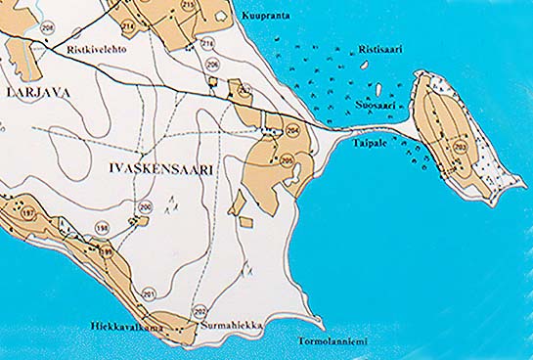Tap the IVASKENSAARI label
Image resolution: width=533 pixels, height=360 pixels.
[x=157, y=169]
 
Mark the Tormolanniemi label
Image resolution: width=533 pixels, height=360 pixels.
[x=332, y=341]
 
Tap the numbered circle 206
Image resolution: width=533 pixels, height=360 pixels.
[x=213, y=66]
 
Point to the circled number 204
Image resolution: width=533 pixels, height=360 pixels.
[x=293, y=130]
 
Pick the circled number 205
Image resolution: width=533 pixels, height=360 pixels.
[x=287, y=159]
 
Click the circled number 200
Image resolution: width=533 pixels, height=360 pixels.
[x=146, y=206]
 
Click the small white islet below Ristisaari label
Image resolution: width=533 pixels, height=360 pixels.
[x=364, y=65]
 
